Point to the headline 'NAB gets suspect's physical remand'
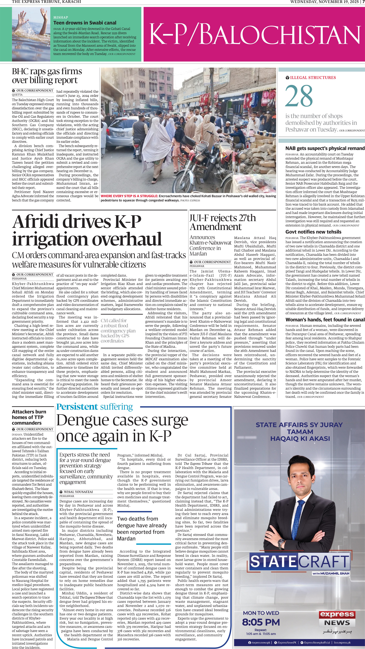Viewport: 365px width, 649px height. [325, 148]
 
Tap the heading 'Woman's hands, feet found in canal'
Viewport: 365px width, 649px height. [325, 320]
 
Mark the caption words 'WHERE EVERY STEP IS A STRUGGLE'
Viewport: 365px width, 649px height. [129, 196]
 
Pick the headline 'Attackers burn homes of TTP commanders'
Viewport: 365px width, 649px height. [29, 417]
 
